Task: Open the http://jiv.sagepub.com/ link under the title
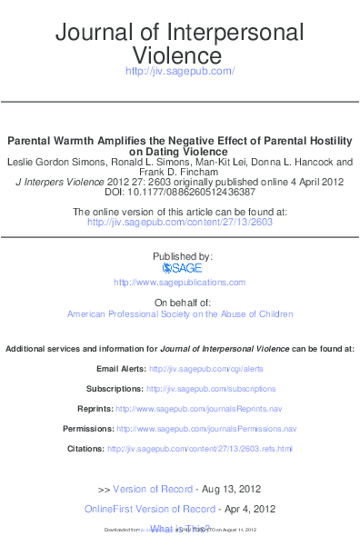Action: pyautogui.click(x=180, y=72)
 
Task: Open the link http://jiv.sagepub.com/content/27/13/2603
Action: pyautogui.click(x=180, y=222)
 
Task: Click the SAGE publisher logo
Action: pyautogui.click(x=182, y=268)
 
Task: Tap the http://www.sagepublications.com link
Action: pyautogui.click(x=180, y=283)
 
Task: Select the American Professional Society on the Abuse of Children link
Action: pyautogui.click(x=180, y=314)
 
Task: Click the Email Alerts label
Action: pyautogui.click(x=120, y=369)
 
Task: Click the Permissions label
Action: pyautogui.click(x=87, y=429)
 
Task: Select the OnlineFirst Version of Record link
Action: pyautogui.click(x=150, y=509)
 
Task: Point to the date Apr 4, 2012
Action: pyautogui.click(x=249, y=509)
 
